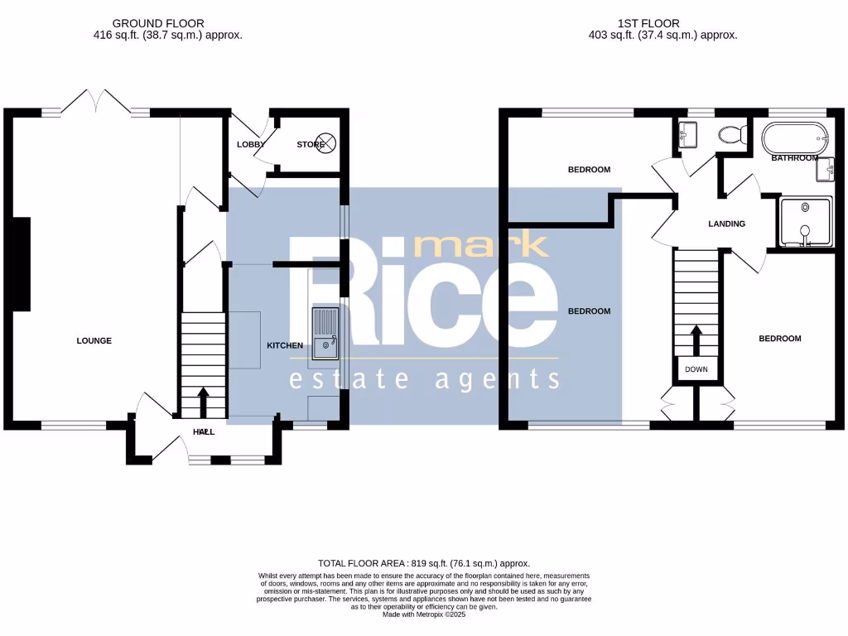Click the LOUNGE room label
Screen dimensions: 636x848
(94, 340)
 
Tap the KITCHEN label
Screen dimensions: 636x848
(284, 345)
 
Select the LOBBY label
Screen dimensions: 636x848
(251, 144)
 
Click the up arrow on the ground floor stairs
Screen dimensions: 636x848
(203, 402)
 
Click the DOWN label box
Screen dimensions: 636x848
(696, 369)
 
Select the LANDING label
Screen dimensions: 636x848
(726, 224)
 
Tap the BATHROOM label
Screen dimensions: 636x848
(794, 157)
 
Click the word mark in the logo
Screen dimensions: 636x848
(480, 245)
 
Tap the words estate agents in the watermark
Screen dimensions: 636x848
(424, 379)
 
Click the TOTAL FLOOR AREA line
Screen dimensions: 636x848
(424, 562)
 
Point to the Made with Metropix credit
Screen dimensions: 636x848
(424, 614)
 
